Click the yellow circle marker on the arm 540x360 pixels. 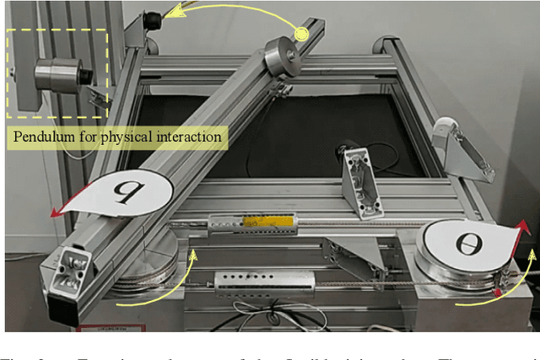[x=300, y=33]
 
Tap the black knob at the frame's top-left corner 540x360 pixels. [x=152, y=19]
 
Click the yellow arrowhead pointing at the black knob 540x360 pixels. [x=172, y=13]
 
